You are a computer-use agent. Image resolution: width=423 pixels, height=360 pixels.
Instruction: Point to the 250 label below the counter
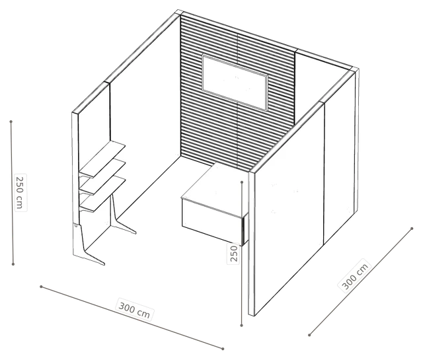(233, 254)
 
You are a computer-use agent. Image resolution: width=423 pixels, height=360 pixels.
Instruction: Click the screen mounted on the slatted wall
(235, 82)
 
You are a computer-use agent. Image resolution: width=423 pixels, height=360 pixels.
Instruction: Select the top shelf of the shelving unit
(103, 159)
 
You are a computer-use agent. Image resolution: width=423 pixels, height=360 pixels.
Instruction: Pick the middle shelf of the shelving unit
(103, 177)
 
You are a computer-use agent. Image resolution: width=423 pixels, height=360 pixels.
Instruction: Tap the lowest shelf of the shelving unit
(103, 194)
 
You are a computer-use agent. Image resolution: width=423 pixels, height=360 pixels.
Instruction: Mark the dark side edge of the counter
(245, 229)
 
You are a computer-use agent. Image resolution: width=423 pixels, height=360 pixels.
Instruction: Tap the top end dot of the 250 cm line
(11, 122)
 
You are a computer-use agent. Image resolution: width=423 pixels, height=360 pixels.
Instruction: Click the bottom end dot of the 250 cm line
(13, 264)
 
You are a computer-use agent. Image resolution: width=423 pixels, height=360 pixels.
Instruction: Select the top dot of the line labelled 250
(242, 182)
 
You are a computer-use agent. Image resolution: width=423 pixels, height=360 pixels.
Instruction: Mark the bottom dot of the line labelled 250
(242, 326)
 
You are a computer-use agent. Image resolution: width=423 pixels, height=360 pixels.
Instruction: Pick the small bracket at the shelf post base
(77, 225)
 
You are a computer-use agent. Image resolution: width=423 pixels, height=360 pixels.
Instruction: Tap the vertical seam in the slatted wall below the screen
(237, 134)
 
